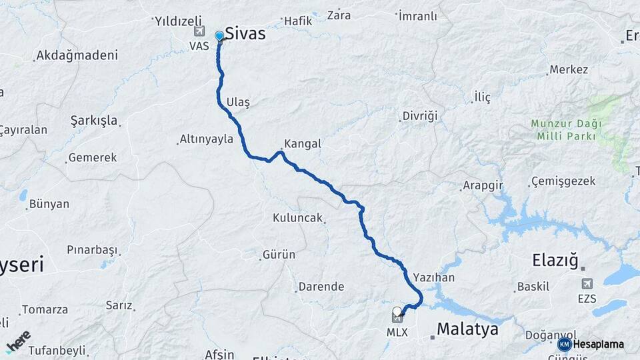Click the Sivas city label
[245, 33]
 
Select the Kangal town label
[302, 143]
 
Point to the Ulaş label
[238, 102]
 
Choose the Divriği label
[420, 116]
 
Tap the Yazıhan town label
[433, 277]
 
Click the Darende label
[321, 287]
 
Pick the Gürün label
[279, 255]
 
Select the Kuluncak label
[297, 218]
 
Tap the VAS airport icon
[199, 31]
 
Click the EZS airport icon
[587, 284]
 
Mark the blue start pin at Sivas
[219, 36]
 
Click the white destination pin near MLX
[398, 311]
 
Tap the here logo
[18, 340]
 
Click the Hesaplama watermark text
[598, 344]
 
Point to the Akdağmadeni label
[77, 56]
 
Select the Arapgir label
[483, 185]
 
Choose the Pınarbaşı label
[92, 250]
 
